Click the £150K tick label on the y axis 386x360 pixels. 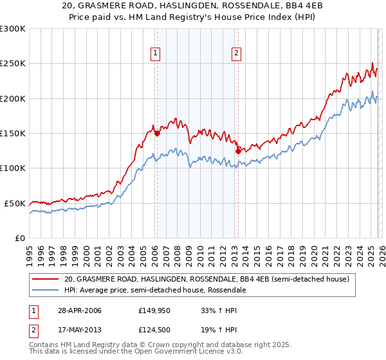[12, 133]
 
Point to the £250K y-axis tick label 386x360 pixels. [12, 64]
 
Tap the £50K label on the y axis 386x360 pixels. [14, 203]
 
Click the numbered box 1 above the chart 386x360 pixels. [156, 53]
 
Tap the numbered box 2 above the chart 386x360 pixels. [236, 53]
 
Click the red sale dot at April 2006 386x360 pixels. [157, 134]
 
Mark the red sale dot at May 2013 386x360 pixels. [237, 151]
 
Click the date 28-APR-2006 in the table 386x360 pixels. [80, 310]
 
